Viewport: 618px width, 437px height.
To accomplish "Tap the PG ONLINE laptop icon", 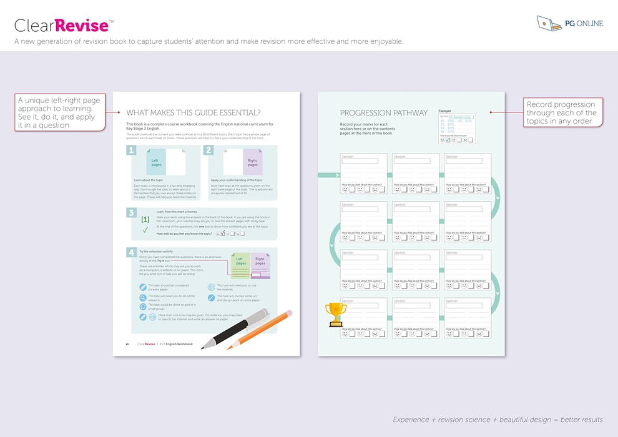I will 548,23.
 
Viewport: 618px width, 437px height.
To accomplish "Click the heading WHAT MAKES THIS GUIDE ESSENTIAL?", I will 194,113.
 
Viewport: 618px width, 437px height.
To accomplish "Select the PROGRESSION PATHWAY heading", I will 384,113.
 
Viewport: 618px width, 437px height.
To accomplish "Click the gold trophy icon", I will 336,314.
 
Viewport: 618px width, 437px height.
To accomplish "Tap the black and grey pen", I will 235,328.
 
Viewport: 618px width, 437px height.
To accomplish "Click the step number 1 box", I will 131,150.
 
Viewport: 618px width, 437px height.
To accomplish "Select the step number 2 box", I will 208,150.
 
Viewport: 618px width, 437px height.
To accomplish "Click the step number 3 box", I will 131,213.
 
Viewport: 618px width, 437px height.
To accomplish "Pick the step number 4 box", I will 131,252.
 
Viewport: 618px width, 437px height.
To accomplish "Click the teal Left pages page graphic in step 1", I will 156,162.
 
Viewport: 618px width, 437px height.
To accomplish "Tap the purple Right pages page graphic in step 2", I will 252,162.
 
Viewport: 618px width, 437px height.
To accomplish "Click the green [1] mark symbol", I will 145,220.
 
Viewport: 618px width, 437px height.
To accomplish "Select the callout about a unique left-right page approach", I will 59,112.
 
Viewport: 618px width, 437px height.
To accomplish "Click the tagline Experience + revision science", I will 498,420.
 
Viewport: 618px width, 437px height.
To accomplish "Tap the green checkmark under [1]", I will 145,230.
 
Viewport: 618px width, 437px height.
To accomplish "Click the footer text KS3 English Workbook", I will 176,344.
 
